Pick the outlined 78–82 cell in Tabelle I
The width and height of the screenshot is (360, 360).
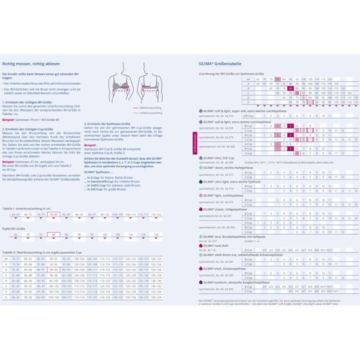click(53, 214)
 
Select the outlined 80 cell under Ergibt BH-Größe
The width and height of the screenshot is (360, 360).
click(53, 235)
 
